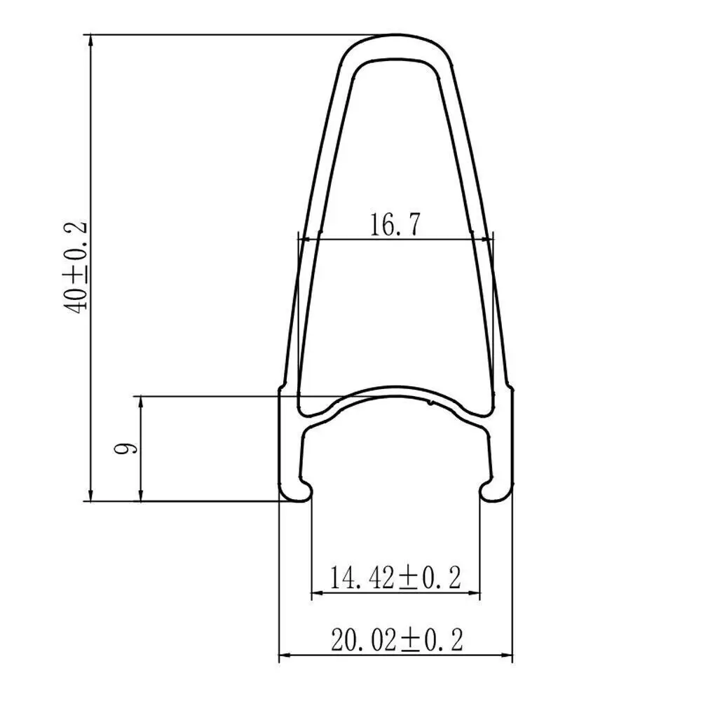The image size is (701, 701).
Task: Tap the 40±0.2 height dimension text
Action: point(76,267)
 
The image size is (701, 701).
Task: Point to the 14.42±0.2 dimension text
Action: point(395,577)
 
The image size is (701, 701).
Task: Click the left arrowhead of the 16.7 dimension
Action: point(304,240)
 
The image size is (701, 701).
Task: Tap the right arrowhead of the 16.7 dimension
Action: point(486,240)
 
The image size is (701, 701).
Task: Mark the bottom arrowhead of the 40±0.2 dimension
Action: point(90,494)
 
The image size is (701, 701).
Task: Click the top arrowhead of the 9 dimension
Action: point(142,403)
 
